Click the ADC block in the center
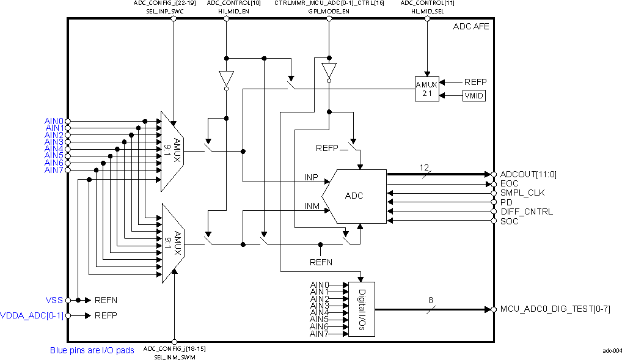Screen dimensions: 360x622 pos(354,196)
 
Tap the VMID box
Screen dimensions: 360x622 pos(474,95)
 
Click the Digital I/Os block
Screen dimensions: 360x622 pos(361,309)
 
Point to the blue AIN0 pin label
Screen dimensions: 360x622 pos(54,121)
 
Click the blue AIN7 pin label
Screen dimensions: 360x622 pos(54,170)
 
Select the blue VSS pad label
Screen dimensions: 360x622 pos(54,300)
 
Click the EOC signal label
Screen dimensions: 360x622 pos(508,183)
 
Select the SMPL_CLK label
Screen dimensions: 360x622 pos(522,193)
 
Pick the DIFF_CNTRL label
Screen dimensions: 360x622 pos(526,211)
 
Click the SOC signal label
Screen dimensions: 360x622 pos(509,221)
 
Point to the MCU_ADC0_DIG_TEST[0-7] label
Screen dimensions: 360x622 pos(555,309)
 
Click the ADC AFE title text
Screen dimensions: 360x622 pos(470,27)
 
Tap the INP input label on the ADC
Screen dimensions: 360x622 pos(311,177)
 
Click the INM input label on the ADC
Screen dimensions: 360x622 pos(312,207)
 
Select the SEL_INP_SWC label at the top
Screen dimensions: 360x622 pos(164,11)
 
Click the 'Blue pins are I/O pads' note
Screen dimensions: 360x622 pos(92,351)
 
